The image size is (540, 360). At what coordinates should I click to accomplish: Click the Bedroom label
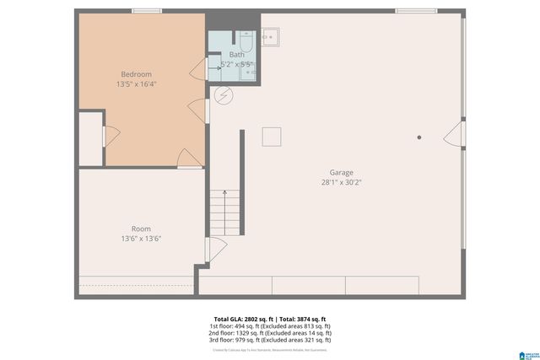coord(136,74)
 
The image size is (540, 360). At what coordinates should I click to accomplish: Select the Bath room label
coord(236,55)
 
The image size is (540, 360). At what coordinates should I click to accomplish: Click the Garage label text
coord(342,172)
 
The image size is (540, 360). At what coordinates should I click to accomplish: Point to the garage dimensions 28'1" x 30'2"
coord(342,182)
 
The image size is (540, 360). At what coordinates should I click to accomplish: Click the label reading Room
coord(141,228)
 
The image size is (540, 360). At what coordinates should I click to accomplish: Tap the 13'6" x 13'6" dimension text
coord(141,239)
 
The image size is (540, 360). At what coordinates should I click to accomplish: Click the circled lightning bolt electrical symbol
coord(224,95)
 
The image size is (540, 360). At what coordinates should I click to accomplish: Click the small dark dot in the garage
coord(419,137)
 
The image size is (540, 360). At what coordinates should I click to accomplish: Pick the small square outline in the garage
coord(271,137)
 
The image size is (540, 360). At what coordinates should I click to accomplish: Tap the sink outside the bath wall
coord(271,37)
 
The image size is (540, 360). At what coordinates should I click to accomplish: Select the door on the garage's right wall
coord(456,135)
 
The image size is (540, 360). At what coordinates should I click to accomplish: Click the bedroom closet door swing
coord(109,136)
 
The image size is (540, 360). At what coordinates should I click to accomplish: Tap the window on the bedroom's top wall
coord(146,11)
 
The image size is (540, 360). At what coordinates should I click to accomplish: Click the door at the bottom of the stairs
coord(214,250)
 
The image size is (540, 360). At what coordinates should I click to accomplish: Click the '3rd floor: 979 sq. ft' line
coord(270,341)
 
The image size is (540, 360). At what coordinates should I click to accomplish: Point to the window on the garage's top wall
coord(416,11)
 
